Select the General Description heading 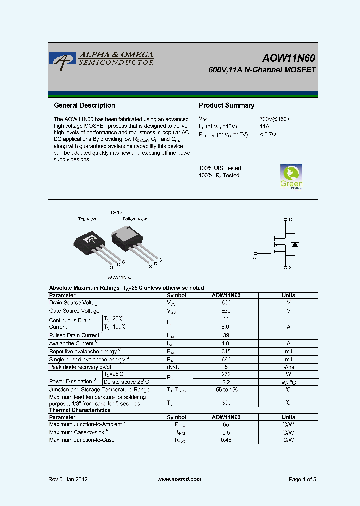point(84,105)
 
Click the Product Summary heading point(226,105)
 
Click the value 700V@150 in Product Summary point(275,119)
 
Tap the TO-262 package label point(116,212)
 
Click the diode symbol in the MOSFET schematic point(295,244)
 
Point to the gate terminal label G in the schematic point(255,258)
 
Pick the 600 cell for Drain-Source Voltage point(226,303)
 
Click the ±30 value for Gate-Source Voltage point(226,311)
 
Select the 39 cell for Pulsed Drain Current point(226,335)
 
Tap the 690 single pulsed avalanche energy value point(226,359)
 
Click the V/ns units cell point(288,367)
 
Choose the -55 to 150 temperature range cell point(226,390)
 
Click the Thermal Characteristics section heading point(80,410)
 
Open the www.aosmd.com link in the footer point(179,479)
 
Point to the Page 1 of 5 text point(302,479)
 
